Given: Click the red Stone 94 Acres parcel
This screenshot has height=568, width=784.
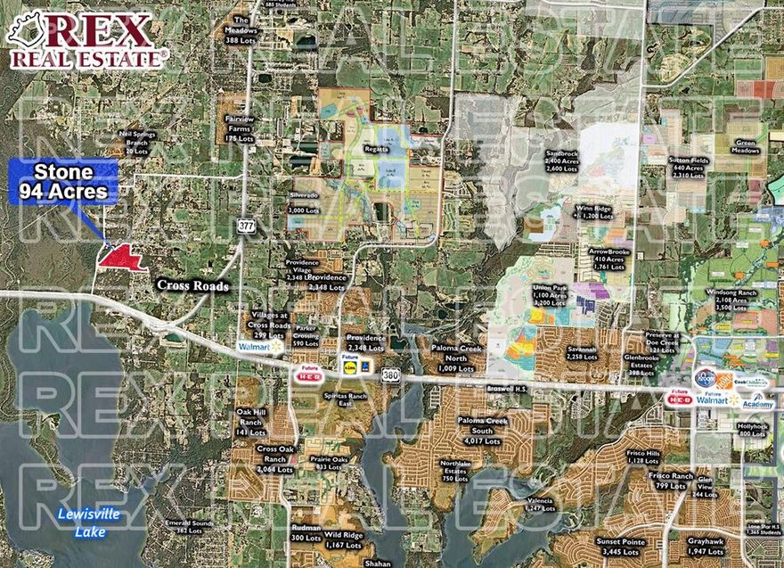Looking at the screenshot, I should point(122,258).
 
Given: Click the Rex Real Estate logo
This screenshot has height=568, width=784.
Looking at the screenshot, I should point(86,41).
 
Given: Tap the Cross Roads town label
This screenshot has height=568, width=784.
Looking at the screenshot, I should point(193,285).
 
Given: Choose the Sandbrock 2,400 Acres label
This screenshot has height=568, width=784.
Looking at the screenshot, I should point(563,161).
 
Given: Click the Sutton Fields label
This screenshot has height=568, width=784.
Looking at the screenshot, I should point(688,168).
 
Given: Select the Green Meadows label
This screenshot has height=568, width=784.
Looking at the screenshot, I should point(747,146).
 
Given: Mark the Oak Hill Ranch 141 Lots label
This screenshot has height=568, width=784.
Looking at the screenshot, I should point(251,422).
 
